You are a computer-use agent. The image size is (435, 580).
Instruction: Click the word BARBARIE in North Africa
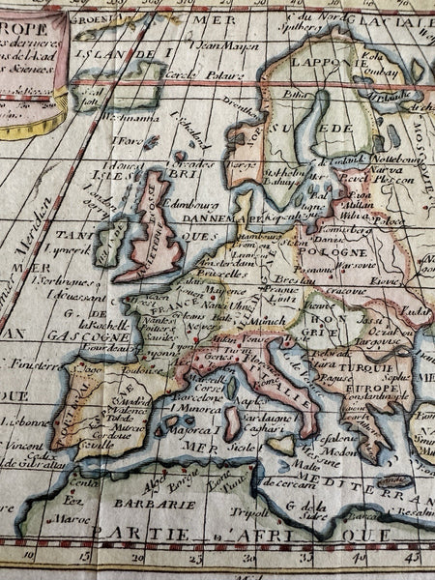pyautogui.click(x=142, y=503)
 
